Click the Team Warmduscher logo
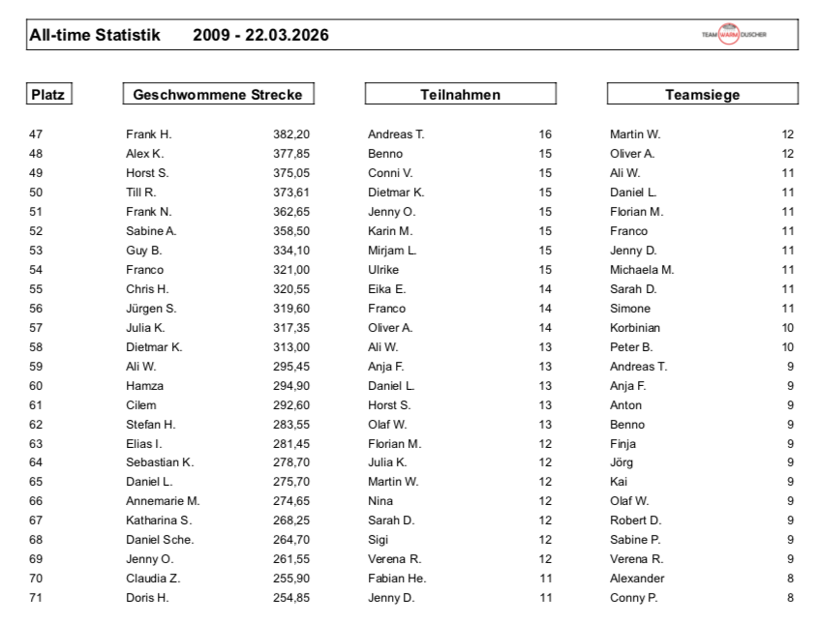(x=734, y=35)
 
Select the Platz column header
(x=49, y=95)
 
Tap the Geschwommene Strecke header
(x=218, y=95)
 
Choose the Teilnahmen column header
(x=460, y=95)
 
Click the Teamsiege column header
(x=702, y=95)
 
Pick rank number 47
(x=36, y=134)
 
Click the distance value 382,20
(x=290, y=134)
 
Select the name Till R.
(x=141, y=193)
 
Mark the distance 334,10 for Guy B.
(x=290, y=251)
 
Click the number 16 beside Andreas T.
(x=545, y=134)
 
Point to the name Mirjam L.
(x=392, y=251)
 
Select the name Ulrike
(x=384, y=270)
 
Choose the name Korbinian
(x=635, y=328)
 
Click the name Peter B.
(x=631, y=347)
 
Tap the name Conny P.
(x=633, y=598)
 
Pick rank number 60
(x=36, y=386)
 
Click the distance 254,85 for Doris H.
(x=290, y=598)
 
